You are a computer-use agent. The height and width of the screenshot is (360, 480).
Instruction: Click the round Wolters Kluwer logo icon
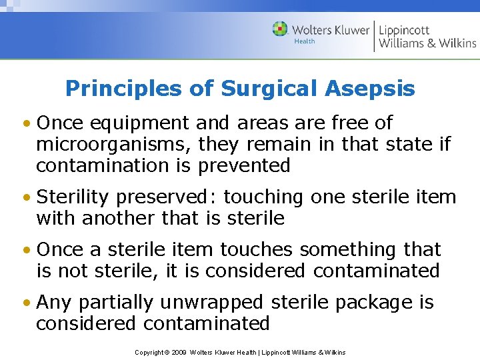(x=280, y=29)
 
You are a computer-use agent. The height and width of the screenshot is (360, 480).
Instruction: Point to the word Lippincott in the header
(x=404, y=29)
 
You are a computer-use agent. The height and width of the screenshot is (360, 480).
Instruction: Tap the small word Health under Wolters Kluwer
(x=305, y=41)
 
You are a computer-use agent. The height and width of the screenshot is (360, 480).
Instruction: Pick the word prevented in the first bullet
(x=244, y=165)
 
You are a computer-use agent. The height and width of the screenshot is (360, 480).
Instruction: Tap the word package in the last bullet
(x=375, y=303)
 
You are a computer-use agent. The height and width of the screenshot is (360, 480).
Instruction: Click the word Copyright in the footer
(x=149, y=352)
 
